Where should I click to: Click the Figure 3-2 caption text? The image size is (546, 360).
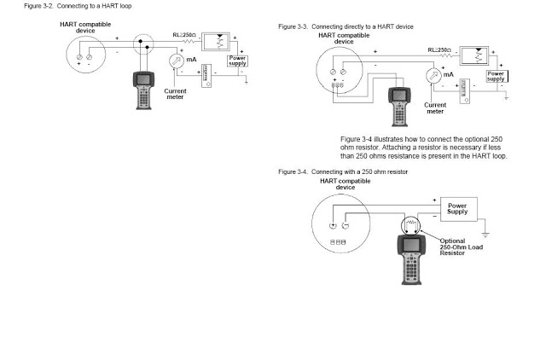(78, 6)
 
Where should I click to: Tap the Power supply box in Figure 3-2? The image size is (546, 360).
(237, 61)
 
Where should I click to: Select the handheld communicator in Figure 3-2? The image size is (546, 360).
(143, 90)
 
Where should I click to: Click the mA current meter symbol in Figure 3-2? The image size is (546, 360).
(177, 61)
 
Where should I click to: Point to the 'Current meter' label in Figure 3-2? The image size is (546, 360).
(175, 94)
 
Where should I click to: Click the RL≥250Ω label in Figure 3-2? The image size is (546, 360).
(184, 35)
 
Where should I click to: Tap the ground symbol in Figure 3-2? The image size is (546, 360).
(247, 82)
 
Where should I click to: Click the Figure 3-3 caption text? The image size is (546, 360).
(346, 26)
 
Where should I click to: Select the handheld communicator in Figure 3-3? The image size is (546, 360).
(399, 107)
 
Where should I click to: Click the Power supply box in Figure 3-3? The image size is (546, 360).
(497, 76)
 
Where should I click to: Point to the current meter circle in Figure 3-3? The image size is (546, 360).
(433, 76)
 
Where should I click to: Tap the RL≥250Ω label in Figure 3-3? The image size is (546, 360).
(439, 50)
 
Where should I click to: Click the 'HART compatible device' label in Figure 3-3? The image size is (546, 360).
(344, 38)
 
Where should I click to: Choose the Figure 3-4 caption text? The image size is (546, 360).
(343, 172)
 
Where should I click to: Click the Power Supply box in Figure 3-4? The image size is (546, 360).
(459, 209)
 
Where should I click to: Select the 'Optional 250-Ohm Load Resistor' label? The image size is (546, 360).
(461, 247)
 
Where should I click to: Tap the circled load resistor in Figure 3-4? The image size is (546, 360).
(411, 225)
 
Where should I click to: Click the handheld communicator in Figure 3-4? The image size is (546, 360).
(411, 259)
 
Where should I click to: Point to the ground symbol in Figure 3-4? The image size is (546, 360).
(485, 235)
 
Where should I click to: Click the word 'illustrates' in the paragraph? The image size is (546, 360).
(388, 139)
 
